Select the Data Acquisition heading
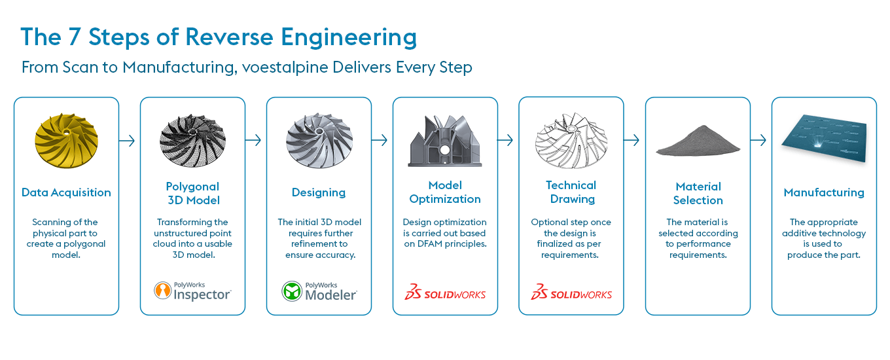(66, 192)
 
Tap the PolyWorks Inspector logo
(192, 291)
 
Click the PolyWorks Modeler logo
(319, 291)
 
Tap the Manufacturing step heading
(824, 192)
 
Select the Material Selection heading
(698, 193)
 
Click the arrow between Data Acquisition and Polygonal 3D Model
(129, 141)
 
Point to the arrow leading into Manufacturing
(758, 141)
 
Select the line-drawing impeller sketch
(571, 141)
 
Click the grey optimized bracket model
(445, 141)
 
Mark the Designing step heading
(319, 192)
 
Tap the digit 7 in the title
(75, 37)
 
